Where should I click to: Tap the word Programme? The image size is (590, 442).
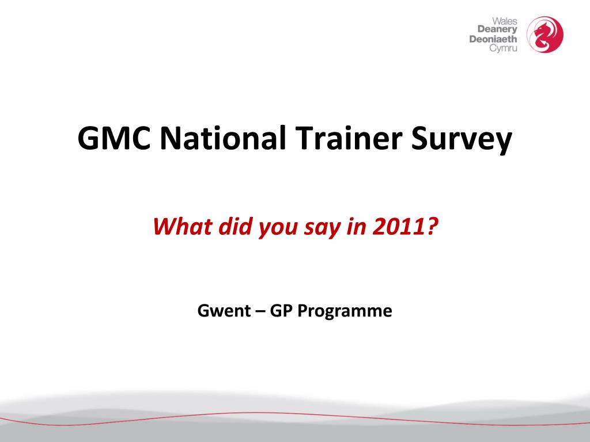(345, 312)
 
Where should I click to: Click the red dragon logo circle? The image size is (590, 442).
(546, 33)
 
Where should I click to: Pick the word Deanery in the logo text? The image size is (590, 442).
(498, 30)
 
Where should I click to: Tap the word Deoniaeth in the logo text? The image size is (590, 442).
(494, 39)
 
